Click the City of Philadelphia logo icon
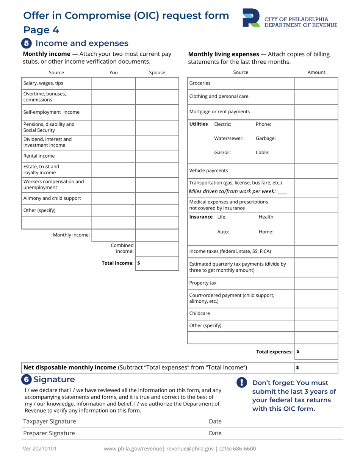(251, 18)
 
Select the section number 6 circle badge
(27, 379)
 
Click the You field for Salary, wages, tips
(113, 83)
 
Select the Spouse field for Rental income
(157, 156)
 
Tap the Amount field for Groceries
(316, 83)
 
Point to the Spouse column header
(157, 73)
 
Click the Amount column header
(316, 72)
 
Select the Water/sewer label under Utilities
(229, 138)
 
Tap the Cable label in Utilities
(263, 153)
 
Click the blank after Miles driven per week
(282, 192)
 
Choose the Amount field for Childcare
(316, 313)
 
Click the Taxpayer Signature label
(50, 421)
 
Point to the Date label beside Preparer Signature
(215, 433)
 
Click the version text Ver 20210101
(40, 449)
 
